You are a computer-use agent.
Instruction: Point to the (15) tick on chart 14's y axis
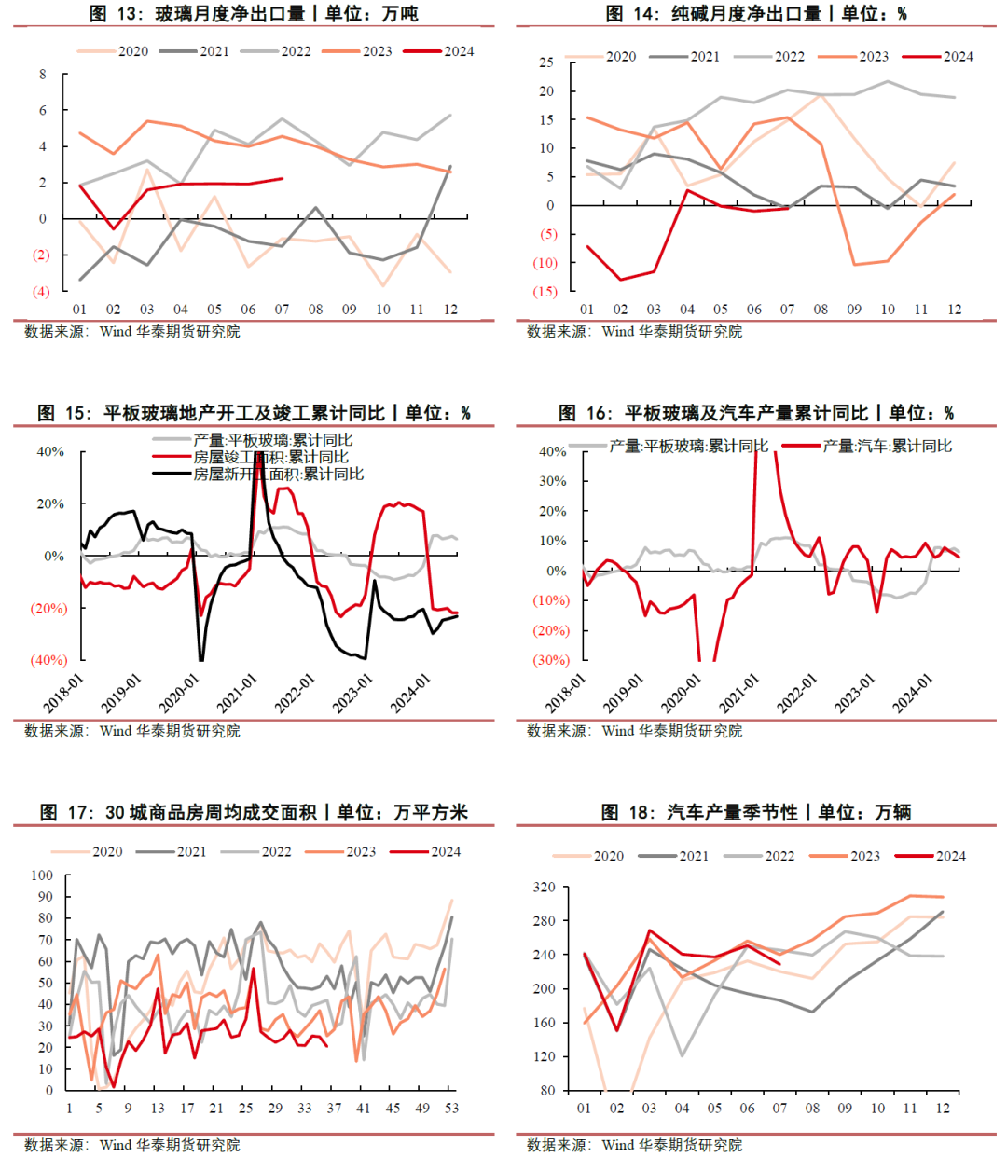(545, 292)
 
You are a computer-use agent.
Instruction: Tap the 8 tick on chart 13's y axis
(43, 75)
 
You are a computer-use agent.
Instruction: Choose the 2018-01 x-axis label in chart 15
(63, 694)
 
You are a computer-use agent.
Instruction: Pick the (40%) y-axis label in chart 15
(48, 660)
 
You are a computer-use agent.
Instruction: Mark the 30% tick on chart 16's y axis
(552, 481)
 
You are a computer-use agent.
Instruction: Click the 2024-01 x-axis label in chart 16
(912, 695)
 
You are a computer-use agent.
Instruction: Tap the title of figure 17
(254, 812)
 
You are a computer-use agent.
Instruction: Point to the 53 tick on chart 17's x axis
(451, 1109)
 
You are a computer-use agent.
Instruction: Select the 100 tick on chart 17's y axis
(42, 875)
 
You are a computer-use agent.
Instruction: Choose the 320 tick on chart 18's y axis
(544, 888)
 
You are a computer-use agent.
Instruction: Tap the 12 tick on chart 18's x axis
(943, 1109)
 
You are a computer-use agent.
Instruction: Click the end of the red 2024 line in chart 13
(282, 178)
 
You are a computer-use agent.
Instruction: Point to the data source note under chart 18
(634, 1145)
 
